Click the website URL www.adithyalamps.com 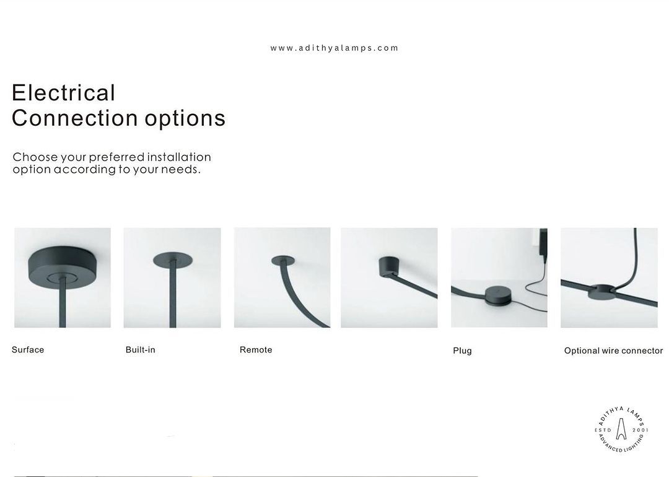(x=334, y=48)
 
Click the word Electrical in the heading (x=64, y=92)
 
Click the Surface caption (x=28, y=350)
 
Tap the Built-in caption (x=141, y=350)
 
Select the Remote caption (x=256, y=350)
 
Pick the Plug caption (x=462, y=351)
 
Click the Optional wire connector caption (x=613, y=351)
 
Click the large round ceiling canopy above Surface (x=63, y=267)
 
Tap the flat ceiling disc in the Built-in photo (x=172, y=260)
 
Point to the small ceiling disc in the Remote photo (x=283, y=260)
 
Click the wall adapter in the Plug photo (x=543, y=243)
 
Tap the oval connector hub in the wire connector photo (x=601, y=291)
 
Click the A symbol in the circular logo (x=621, y=429)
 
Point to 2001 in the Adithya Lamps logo (x=641, y=430)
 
